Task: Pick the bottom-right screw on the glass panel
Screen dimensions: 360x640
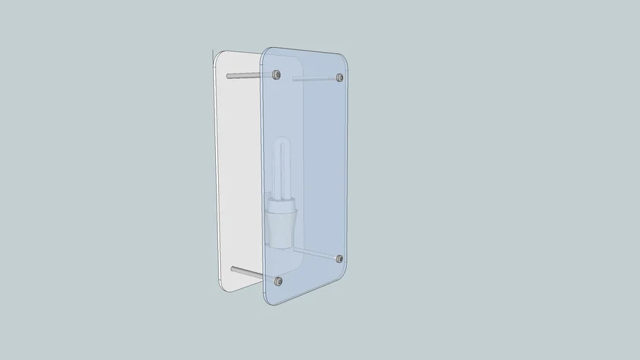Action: [x=339, y=259]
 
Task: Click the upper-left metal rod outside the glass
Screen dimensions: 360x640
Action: [x=246, y=74]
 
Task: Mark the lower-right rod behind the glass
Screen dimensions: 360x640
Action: [x=316, y=254]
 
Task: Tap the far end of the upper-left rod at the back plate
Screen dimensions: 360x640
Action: [x=229, y=75]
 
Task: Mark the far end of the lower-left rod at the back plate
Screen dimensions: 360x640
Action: [x=233, y=269]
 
